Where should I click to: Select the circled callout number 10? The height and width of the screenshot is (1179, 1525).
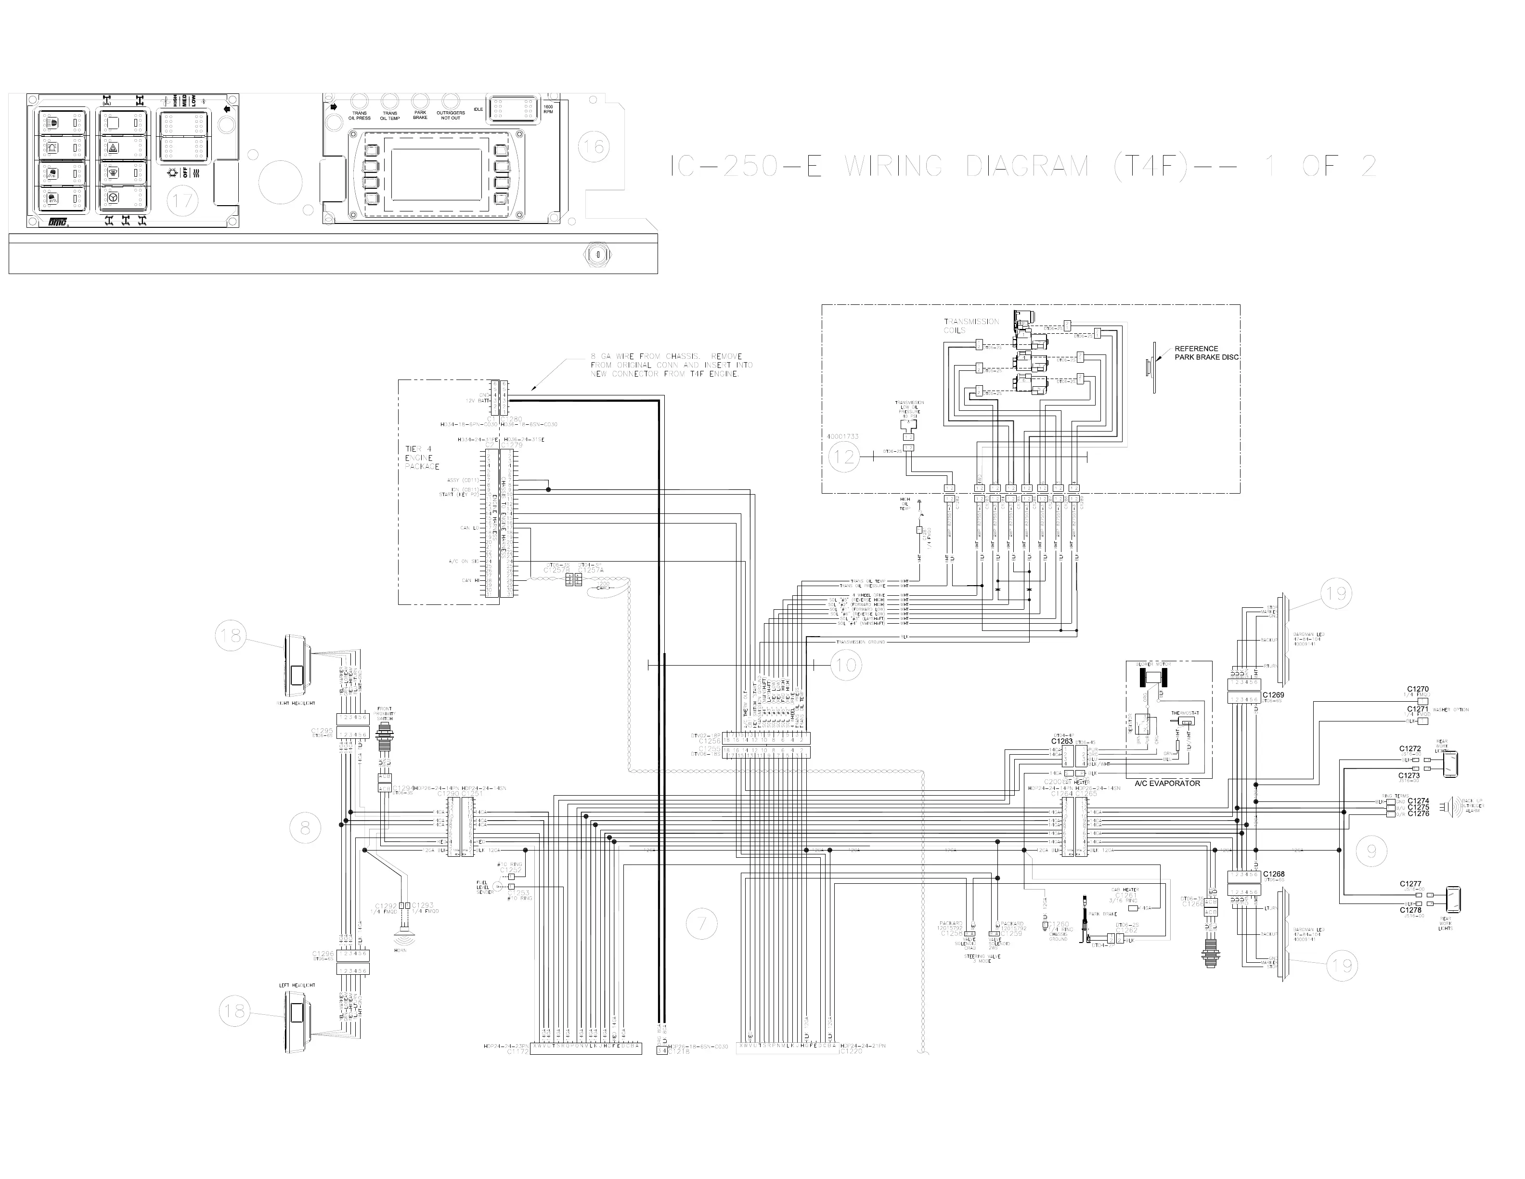[x=846, y=665]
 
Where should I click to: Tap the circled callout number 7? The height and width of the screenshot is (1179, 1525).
[x=702, y=924]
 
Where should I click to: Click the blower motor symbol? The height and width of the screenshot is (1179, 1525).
[x=1153, y=678]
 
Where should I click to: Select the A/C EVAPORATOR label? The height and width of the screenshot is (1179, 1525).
[x=1167, y=784]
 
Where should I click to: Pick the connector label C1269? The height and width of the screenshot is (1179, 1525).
[x=1273, y=695]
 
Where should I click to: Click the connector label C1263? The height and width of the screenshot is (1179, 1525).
[x=1061, y=742]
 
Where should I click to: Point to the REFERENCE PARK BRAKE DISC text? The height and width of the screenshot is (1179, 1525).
[x=1206, y=353]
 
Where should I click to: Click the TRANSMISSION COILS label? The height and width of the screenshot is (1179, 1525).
[x=971, y=326]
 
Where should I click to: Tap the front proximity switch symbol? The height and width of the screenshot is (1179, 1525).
[x=383, y=737]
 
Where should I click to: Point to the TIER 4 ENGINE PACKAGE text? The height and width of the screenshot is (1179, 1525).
[x=423, y=458]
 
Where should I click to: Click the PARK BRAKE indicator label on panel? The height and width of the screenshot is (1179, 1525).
[x=420, y=115]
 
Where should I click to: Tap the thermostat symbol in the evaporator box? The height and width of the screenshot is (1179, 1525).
[x=1186, y=721]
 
